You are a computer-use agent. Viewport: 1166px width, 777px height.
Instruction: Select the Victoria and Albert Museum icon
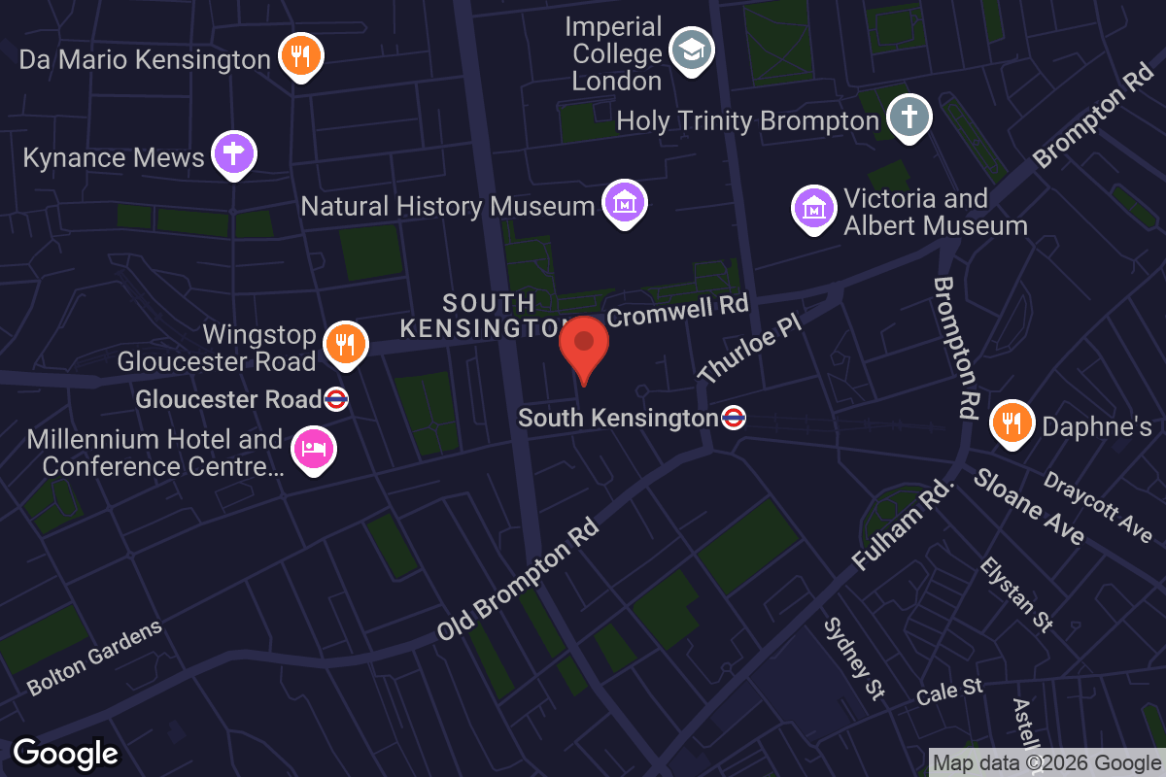[x=814, y=208]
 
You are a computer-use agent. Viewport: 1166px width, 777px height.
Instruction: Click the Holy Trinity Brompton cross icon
[x=909, y=117]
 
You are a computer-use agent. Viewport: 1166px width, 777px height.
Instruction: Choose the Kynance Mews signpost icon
[x=232, y=153]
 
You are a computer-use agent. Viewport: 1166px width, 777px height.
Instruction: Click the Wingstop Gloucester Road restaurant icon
[x=344, y=343]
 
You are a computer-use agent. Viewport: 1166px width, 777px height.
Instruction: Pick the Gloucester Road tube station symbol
[x=336, y=399]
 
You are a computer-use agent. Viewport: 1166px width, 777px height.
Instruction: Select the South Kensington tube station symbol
[x=734, y=418]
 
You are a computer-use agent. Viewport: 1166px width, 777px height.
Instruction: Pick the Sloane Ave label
[x=1029, y=506]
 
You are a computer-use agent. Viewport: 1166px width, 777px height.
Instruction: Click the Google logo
[x=65, y=753]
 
